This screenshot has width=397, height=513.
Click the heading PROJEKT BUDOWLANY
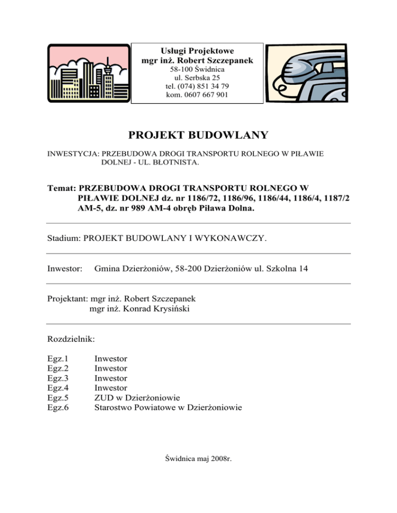coord(198,135)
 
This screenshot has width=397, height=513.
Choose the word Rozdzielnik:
coord(71,339)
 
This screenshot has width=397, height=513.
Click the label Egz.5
coord(58,397)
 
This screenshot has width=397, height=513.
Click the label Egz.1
coord(58,358)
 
